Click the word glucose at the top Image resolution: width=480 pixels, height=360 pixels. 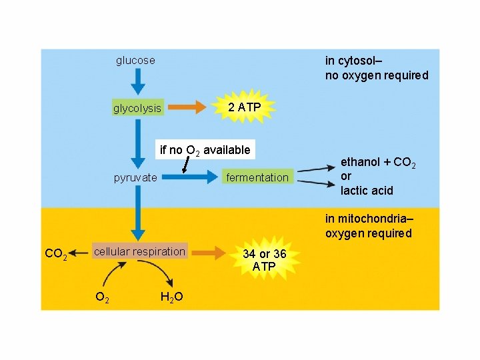coord(135,61)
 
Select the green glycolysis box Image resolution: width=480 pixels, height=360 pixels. coord(137,108)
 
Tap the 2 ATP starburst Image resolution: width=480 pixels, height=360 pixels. coord(244,107)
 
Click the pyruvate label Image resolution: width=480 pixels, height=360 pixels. coord(135,177)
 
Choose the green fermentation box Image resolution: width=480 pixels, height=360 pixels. coord(257,177)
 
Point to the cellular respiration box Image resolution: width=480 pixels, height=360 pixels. coord(139,251)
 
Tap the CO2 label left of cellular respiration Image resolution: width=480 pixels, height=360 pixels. coord(55,254)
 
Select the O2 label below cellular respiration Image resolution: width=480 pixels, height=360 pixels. coord(102,297)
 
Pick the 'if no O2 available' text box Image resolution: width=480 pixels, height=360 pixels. coord(205,150)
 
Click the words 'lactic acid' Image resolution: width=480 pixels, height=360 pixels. coord(367,191)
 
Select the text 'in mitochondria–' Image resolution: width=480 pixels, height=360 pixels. coord(369,219)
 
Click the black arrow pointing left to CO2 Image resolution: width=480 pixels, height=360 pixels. coord(80,253)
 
